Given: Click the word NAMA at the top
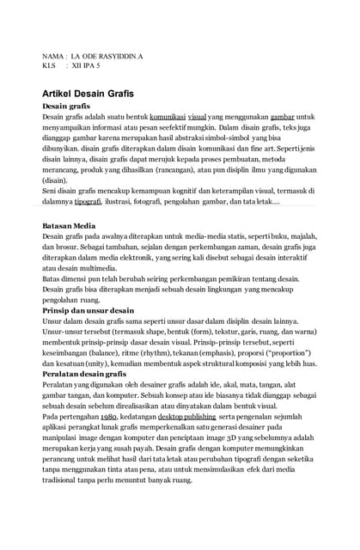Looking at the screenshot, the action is click(x=52, y=56).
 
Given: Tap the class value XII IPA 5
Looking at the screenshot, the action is click(x=85, y=65).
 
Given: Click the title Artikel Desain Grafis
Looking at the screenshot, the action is click(x=88, y=92).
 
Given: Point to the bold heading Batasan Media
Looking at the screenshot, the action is click(x=69, y=225).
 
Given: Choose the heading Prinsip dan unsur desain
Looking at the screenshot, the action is click(x=88, y=310).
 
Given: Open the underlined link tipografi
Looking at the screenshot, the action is click(x=88, y=201).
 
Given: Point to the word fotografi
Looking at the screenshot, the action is click(x=166, y=201).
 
